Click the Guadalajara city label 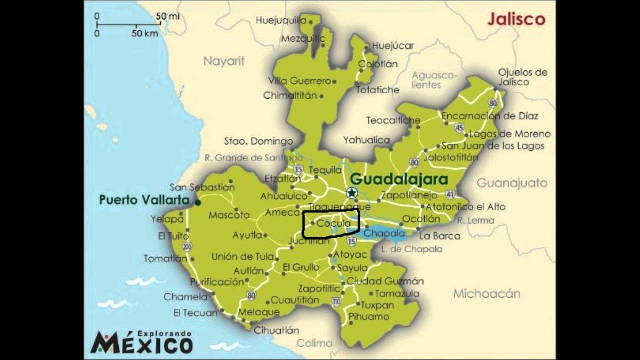coord(399,179)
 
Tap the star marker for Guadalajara coord(352,193)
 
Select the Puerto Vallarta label coord(144,200)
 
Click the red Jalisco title coord(516,19)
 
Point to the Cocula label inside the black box coord(333,224)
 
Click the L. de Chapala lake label coord(411,249)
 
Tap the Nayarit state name coord(224,61)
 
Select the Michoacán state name coord(486,294)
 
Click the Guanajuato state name coord(512,183)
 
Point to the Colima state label coord(314,343)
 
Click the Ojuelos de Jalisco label coord(522,77)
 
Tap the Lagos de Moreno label coord(510,134)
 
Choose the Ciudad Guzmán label coord(385,281)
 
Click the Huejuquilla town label coord(281,20)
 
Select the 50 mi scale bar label coord(167,16)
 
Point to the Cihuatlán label coord(276,330)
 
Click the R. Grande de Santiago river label coord(247,158)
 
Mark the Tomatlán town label coord(165,258)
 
